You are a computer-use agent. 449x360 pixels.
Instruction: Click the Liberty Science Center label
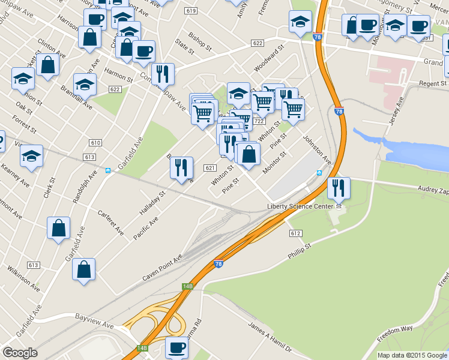(300, 206)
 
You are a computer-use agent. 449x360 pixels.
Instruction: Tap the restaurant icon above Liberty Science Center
(339, 188)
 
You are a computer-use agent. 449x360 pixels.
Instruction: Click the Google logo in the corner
(20, 353)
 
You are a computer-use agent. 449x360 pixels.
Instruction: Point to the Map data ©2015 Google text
(411, 355)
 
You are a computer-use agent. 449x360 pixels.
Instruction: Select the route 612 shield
(295, 233)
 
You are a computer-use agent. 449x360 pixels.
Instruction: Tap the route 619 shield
(191, 11)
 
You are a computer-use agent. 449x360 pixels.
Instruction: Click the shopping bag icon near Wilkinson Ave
(84, 270)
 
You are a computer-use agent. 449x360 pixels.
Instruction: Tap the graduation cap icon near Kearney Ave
(31, 157)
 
